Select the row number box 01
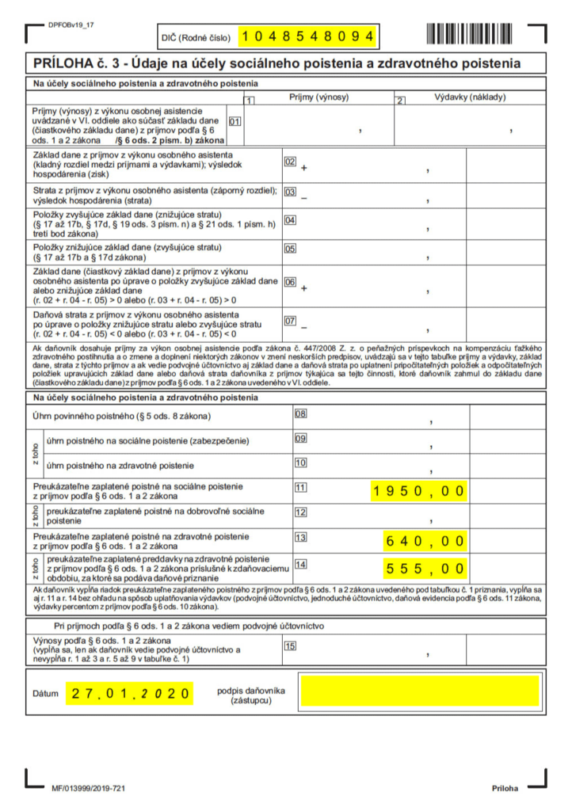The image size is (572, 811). (x=235, y=121)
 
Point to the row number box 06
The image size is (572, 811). (x=290, y=282)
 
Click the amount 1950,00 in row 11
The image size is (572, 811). (x=420, y=491)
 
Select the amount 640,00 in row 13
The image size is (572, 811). (x=425, y=542)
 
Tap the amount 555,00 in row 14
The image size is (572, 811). (x=425, y=568)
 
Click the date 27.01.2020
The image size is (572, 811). (x=130, y=693)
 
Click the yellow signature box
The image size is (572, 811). (x=419, y=691)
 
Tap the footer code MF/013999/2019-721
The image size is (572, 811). (x=88, y=789)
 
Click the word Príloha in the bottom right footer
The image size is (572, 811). (x=505, y=789)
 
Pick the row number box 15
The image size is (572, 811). (x=290, y=645)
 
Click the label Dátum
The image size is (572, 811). (x=45, y=694)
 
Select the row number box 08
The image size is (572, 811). (x=300, y=413)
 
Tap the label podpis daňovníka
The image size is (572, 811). (x=251, y=690)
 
